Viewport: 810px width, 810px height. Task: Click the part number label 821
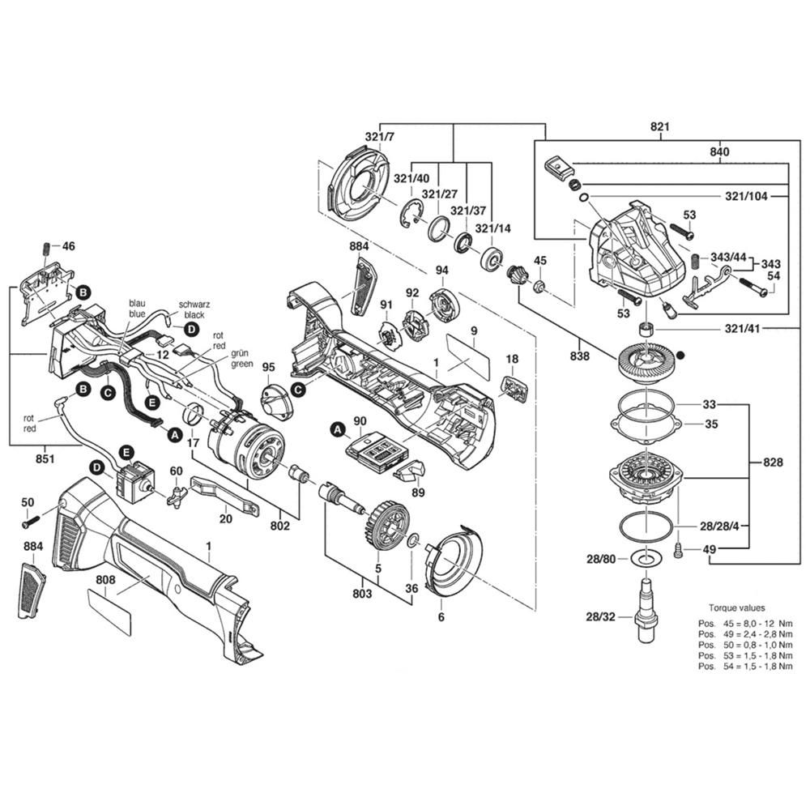pyautogui.click(x=660, y=127)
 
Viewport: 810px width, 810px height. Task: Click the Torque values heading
pyautogui.click(x=736, y=607)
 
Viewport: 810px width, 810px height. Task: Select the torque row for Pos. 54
pyautogui.click(x=737, y=665)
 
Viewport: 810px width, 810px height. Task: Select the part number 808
pyautogui.click(x=105, y=580)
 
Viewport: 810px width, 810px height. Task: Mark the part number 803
pyautogui.click(x=361, y=595)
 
